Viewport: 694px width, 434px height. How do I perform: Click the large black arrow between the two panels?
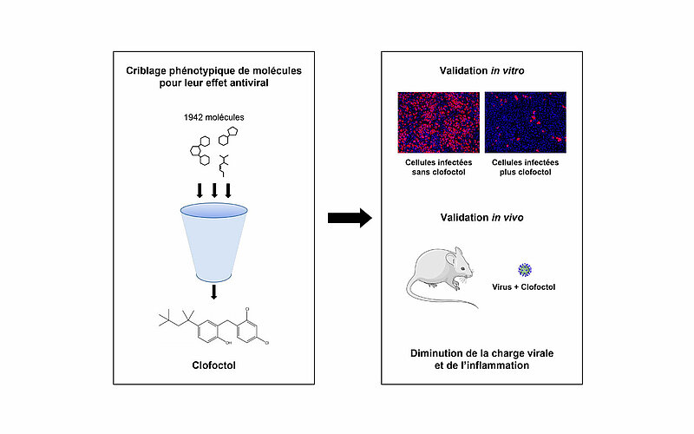coord(350,218)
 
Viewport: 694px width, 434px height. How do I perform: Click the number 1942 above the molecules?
coord(193,117)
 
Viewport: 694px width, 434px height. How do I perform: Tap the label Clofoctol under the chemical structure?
coord(213,365)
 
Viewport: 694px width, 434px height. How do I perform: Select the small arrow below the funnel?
coord(214,292)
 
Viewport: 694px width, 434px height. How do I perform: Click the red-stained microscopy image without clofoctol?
coord(439,122)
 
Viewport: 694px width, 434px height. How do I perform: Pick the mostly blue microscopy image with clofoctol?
coord(526,122)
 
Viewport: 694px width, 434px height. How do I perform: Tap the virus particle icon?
coord(525,270)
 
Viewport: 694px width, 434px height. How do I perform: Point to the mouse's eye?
coord(462,269)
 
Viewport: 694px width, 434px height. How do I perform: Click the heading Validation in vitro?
coord(482,70)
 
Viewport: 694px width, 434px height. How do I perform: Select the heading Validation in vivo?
coord(482,218)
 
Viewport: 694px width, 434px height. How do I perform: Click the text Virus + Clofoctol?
coord(524,287)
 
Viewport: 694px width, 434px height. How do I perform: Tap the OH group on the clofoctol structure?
coord(228,343)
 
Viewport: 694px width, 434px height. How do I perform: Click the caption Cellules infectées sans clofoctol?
coord(439,167)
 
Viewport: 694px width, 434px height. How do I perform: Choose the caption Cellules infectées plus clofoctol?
coord(526,167)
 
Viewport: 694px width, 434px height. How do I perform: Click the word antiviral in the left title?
coord(250,82)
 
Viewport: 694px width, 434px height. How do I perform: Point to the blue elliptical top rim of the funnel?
coord(213,217)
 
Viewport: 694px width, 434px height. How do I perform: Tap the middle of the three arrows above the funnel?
coord(214,190)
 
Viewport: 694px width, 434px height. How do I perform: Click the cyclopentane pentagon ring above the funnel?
coord(232,132)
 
